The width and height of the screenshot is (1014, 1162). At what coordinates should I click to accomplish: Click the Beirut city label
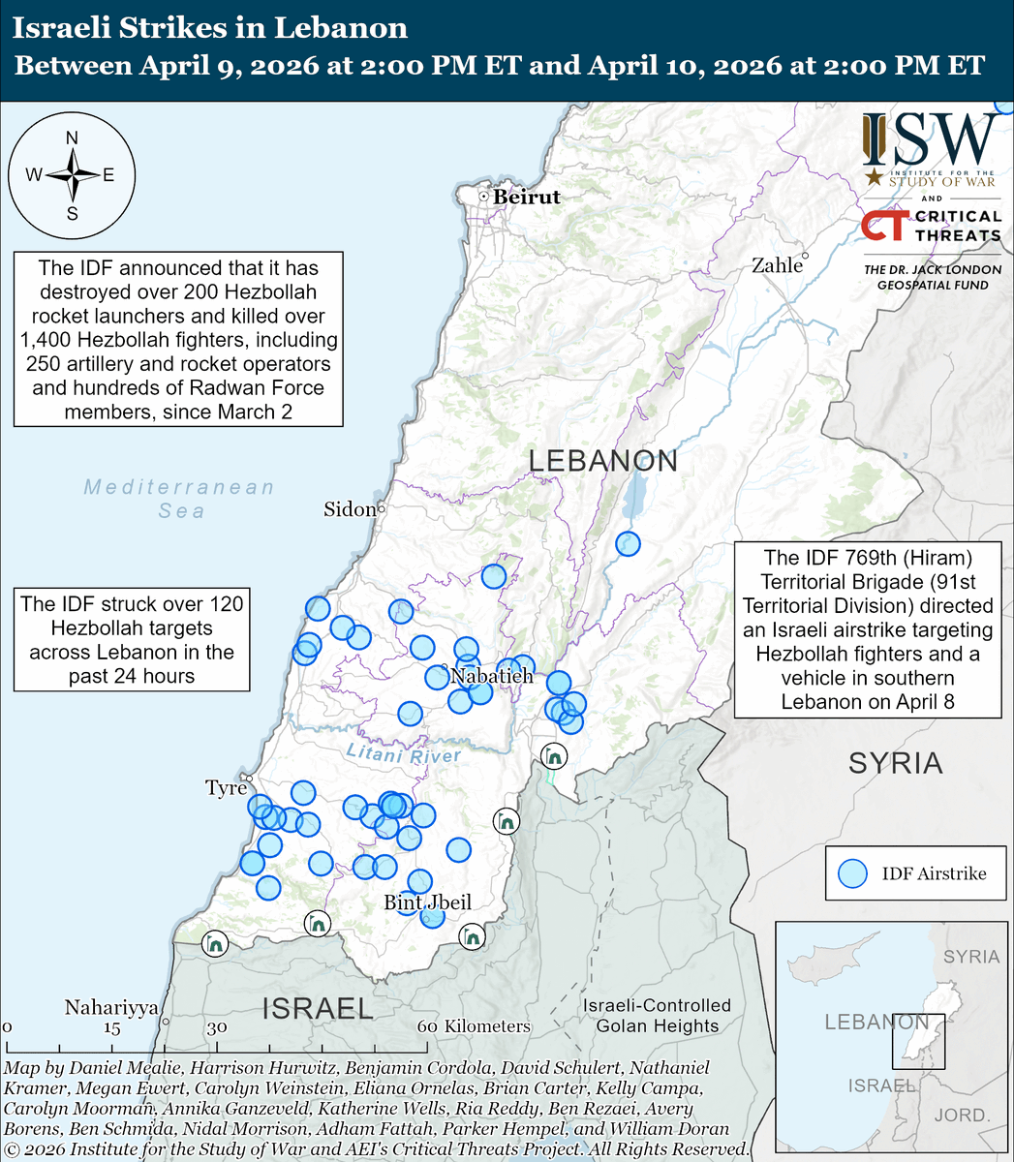[x=526, y=197]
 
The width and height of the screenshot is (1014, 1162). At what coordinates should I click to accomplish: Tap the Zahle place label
[x=777, y=264]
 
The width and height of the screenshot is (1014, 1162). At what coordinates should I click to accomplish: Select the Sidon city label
[x=349, y=509]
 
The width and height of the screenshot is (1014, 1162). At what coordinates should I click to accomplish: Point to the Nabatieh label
[x=492, y=676]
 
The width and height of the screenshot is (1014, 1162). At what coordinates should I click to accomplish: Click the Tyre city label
[x=226, y=788]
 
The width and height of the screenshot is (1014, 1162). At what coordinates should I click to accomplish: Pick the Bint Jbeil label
[x=427, y=902]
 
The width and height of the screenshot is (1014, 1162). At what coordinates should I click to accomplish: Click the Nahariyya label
[x=111, y=1008]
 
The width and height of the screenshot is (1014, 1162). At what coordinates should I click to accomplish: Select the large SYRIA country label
[x=895, y=763]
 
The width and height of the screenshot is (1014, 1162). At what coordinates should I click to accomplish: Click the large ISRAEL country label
[x=318, y=1009]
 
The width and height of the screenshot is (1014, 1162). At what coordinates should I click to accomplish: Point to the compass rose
[x=72, y=175]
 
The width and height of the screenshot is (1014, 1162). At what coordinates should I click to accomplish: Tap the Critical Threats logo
[x=931, y=227]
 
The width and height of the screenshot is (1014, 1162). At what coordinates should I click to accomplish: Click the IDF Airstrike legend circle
[x=852, y=873]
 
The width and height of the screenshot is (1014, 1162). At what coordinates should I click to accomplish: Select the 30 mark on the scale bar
[x=215, y=1027]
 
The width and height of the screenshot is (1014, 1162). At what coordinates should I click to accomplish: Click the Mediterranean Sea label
[x=179, y=498]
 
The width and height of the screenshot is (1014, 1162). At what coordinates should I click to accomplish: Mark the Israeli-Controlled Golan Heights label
[x=657, y=1016]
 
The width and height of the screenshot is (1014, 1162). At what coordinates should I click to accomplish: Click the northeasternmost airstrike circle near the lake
[x=628, y=544]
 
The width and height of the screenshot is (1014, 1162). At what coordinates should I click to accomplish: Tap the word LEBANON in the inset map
[x=876, y=1022]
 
